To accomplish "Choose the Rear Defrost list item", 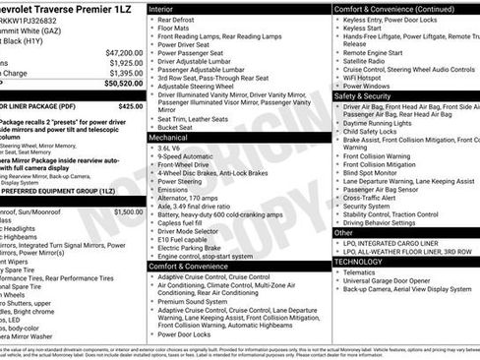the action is coord(178,20).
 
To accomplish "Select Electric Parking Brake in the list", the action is coord(194,248).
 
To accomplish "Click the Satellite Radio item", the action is coord(368,60).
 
